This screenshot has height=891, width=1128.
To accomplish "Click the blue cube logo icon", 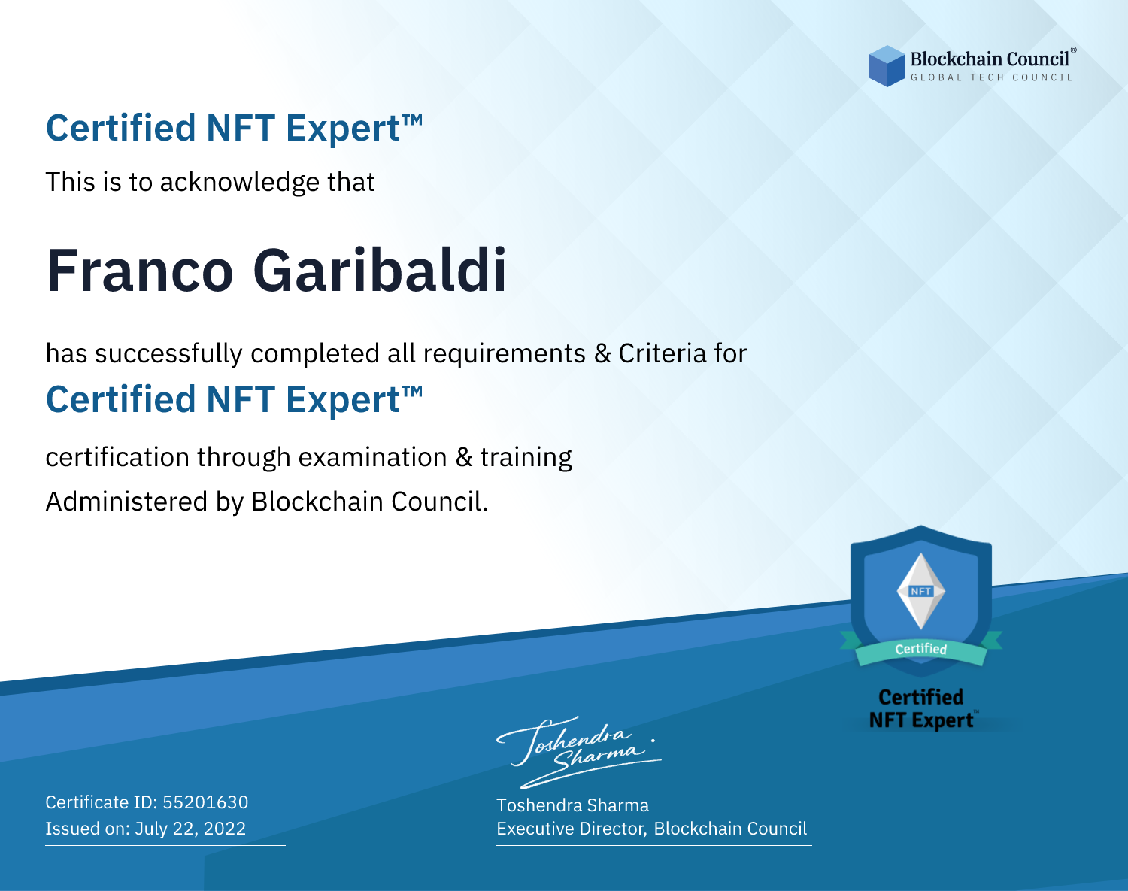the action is [x=887, y=66].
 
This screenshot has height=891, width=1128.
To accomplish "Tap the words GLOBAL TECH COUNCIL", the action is [x=992, y=77].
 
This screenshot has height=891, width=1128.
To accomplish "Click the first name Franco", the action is [x=139, y=271].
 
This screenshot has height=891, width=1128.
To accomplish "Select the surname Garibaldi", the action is [x=380, y=271].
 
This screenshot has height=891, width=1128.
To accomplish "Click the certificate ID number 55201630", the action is [x=205, y=802].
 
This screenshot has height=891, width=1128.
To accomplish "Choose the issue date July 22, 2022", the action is [x=190, y=829].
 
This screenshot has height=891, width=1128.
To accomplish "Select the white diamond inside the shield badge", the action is [x=921, y=591].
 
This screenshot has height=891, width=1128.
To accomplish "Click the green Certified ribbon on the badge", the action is [x=921, y=650].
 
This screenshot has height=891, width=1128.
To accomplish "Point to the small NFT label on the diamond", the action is [x=921, y=591].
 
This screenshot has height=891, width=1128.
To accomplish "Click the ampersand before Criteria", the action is [x=602, y=354].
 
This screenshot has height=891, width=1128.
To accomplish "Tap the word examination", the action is [x=373, y=457].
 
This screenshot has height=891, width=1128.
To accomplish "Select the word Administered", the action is [x=127, y=502].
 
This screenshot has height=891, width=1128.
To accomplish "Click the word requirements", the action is [x=505, y=354].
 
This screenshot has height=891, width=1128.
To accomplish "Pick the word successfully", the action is [x=168, y=354].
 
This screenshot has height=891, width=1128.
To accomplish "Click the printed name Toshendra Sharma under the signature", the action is [x=572, y=805].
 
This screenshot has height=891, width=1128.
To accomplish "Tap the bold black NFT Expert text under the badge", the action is [x=921, y=720].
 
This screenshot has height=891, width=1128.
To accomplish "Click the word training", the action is [x=526, y=458].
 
